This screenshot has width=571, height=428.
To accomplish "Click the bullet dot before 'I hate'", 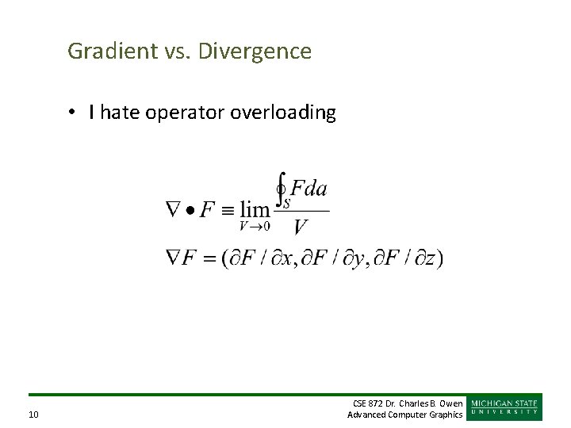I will [x=71, y=113].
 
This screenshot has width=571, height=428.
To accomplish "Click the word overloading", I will [x=283, y=113].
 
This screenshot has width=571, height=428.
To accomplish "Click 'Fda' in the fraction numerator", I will [x=308, y=189].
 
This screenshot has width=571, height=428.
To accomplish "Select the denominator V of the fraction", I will [x=301, y=228].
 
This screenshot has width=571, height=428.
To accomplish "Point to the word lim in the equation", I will [x=255, y=210].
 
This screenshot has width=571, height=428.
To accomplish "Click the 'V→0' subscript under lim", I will [x=255, y=226].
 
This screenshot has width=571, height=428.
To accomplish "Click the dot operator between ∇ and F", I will [x=191, y=210].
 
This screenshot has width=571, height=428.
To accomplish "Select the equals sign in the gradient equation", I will [x=210, y=258].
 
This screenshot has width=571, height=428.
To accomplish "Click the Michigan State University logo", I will [x=505, y=407].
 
